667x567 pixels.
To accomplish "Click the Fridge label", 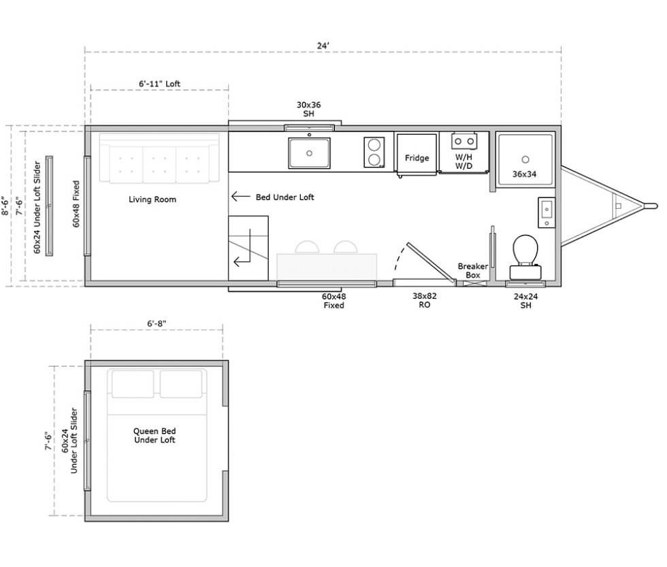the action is pyautogui.click(x=417, y=158).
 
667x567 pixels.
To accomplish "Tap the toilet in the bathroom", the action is pyautogui.click(x=525, y=257).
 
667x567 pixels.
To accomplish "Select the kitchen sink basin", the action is pyautogui.click(x=309, y=152).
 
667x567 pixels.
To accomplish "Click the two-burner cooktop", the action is pyautogui.click(x=374, y=152).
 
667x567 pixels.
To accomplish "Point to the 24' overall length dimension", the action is pyautogui.click(x=323, y=46).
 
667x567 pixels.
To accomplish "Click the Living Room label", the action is pyautogui.click(x=152, y=199).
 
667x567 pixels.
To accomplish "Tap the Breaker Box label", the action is pyautogui.click(x=472, y=270).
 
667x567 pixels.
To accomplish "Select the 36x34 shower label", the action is pyautogui.click(x=524, y=174).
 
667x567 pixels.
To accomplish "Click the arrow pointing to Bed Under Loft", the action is pyautogui.click(x=240, y=197).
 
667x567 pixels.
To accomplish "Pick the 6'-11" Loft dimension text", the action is pyautogui.click(x=159, y=84).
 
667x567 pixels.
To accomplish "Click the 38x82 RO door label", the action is pyautogui.click(x=424, y=300).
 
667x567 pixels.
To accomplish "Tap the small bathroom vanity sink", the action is pyautogui.click(x=547, y=212).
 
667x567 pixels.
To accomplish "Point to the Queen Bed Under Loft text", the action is pyautogui.click(x=154, y=436).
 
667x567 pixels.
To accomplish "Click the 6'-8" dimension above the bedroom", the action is pyautogui.click(x=157, y=323).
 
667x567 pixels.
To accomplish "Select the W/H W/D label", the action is pyautogui.click(x=463, y=161).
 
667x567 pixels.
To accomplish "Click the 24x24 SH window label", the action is pyautogui.click(x=525, y=301).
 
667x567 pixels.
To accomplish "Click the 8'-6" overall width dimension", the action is pyautogui.click(x=5, y=206).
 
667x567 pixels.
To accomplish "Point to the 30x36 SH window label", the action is pyautogui.click(x=309, y=109).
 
